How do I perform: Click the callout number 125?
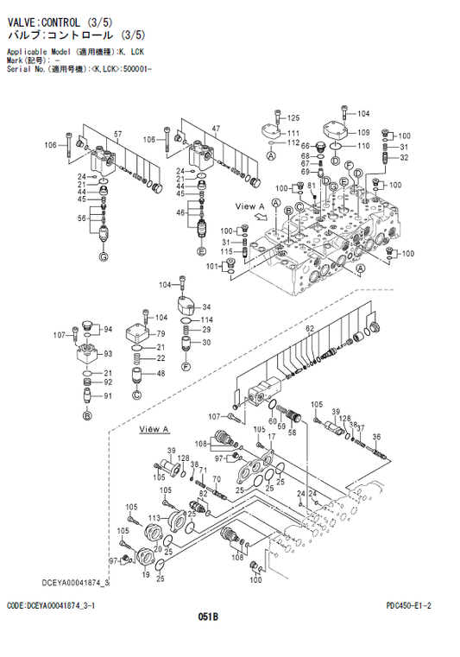pyautogui.click(x=293, y=117)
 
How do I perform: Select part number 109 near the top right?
pyautogui.click(x=363, y=133)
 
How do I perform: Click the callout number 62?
pyautogui.click(x=308, y=328)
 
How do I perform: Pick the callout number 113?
pyautogui.click(x=154, y=518)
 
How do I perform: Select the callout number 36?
pyautogui.click(x=375, y=438)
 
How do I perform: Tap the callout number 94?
pyautogui.click(x=109, y=330)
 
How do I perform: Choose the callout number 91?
pyautogui.click(x=108, y=396)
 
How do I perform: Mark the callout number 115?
pyautogui.click(x=226, y=251)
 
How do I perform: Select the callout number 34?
pyautogui.click(x=207, y=306)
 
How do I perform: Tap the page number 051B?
pyautogui.click(x=207, y=616)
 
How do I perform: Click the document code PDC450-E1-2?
pyautogui.click(x=408, y=606)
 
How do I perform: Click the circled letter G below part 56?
pyautogui.click(x=104, y=257)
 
